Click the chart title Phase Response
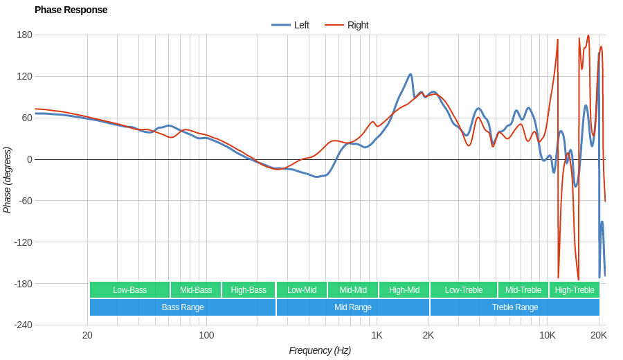(x=71, y=10)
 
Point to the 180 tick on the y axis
(x=24, y=35)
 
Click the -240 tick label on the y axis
(x=23, y=325)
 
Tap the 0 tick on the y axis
(x=29, y=159)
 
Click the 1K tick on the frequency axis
(x=377, y=335)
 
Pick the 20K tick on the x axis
(x=599, y=335)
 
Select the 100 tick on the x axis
(x=206, y=335)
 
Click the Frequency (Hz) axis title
(x=320, y=350)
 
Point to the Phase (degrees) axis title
(x=8, y=180)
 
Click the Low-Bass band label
(x=129, y=290)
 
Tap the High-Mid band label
(x=404, y=290)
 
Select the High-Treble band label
(x=574, y=290)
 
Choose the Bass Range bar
(x=183, y=307)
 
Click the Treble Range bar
(x=514, y=307)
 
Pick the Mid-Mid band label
(x=353, y=290)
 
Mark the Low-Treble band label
(x=464, y=290)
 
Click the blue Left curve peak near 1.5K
(x=410, y=75)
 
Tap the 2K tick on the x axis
(x=428, y=335)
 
